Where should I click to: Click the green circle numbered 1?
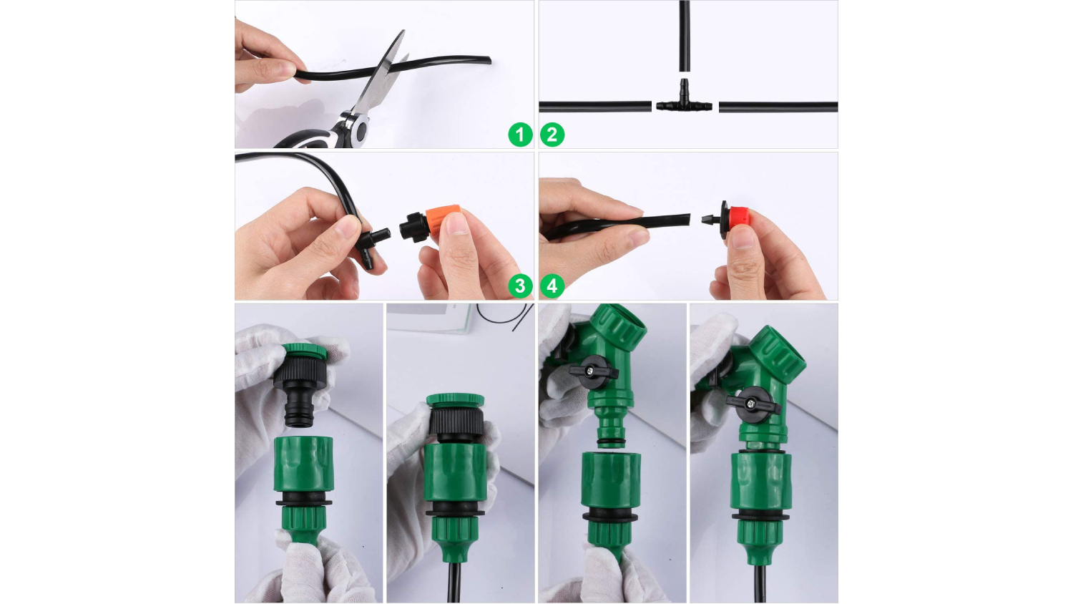pyautogui.click(x=520, y=135)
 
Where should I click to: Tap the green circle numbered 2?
pyautogui.click(x=552, y=135)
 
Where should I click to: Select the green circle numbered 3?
pyautogui.click(x=520, y=286)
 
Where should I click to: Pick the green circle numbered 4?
pyautogui.click(x=552, y=286)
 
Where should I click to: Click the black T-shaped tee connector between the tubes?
pyautogui.click(x=684, y=102)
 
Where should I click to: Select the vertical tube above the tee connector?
pyautogui.click(x=685, y=36)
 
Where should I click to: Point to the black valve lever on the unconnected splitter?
pyautogui.click(x=594, y=372)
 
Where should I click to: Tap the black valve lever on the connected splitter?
pyautogui.click(x=753, y=404)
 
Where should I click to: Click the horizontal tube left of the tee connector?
pyautogui.click(x=595, y=107)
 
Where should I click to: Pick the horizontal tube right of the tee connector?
pyautogui.click(x=778, y=107)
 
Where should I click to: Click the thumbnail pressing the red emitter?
pyautogui.click(x=743, y=238)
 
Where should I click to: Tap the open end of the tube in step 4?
pyautogui.click(x=688, y=220)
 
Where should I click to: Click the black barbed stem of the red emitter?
pyautogui.click(x=710, y=220)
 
